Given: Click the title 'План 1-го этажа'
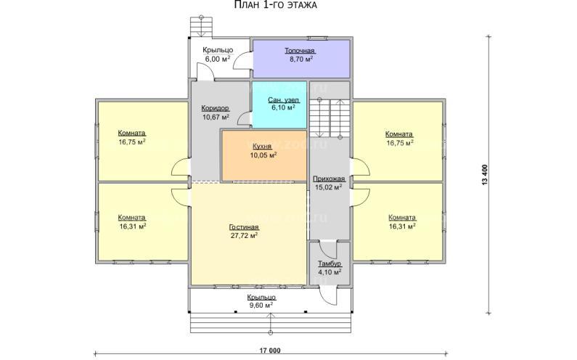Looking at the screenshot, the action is (276, 5).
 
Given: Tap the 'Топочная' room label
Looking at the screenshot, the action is (300, 51).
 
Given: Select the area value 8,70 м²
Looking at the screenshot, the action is (301, 59).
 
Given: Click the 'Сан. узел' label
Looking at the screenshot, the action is (283, 99).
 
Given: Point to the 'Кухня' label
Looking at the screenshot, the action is (262, 146).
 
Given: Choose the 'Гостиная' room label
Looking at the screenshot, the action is (244, 227).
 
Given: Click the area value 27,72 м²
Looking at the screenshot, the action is (244, 236).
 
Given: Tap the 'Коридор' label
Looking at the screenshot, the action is (216, 108).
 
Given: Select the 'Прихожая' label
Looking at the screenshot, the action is (329, 179).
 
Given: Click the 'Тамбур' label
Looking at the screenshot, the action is (330, 264).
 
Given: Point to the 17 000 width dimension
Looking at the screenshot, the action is (271, 351).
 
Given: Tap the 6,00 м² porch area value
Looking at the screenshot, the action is (218, 59).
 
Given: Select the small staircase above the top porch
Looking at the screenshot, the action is (201, 27).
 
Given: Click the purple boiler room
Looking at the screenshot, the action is (301, 59).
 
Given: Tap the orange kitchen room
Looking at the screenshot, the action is (264, 155).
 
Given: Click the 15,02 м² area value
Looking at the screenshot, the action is (329, 187).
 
